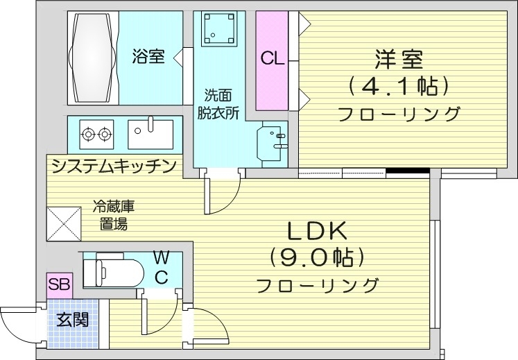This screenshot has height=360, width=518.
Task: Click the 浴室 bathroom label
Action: [x=148, y=57]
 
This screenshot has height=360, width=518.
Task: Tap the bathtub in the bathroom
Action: [x=92, y=58]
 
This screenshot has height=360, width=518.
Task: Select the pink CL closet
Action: [x=272, y=59]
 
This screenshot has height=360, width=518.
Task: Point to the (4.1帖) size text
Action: [x=399, y=87]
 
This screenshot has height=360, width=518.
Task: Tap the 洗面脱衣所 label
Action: [x=216, y=103]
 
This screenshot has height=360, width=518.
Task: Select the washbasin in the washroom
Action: [x=273, y=142]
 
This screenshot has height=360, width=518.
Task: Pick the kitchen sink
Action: [x=151, y=132]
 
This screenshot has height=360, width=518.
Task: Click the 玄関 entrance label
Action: [x=73, y=320]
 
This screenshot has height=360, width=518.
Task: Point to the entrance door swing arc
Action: [x=17, y=326]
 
